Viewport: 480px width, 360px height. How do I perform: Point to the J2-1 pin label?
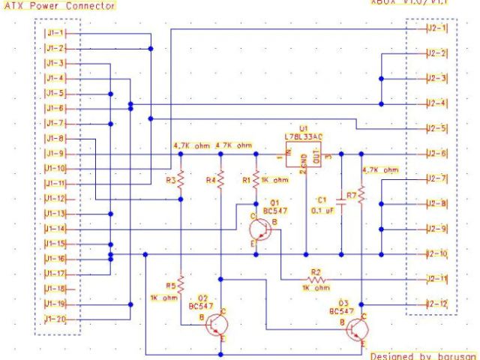click(x=436, y=28)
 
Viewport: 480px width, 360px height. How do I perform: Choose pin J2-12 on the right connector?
click(x=436, y=304)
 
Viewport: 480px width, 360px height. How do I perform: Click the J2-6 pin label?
click(x=436, y=154)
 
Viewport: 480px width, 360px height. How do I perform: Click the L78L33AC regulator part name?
click(x=304, y=136)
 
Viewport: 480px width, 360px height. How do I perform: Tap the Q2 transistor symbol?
click(x=218, y=323)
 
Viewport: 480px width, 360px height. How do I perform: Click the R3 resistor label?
click(x=170, y=180)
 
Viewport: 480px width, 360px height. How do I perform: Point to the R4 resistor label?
click(x=211, y=180)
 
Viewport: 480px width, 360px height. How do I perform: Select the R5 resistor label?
click(x=170, y=285)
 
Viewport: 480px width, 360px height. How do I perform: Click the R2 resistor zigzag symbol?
click(x=316, y=278)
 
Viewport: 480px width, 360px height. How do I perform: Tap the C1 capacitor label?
click(x=322, y=200)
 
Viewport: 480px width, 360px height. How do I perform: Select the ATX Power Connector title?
click(x=60, y=6)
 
